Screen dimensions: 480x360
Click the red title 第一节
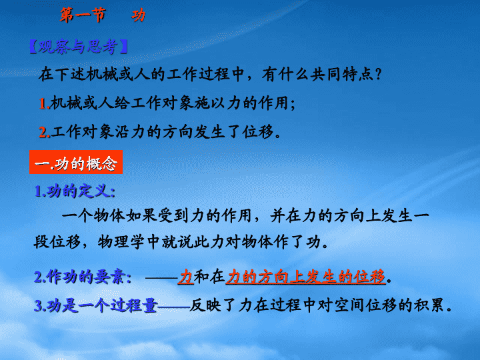point(83,15)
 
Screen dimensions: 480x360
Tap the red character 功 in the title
point(139,15)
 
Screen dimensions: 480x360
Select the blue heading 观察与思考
point(78,47)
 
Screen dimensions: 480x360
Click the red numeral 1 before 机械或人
point(43,103)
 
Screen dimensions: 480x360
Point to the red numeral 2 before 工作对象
point(43,133)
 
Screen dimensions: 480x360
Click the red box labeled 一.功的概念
point(76,162)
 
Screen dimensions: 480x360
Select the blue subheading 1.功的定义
point(75,191)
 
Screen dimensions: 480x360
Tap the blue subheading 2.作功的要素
point(83,277)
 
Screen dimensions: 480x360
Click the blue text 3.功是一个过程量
point(96,305)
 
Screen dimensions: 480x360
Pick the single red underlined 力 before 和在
point(186,277)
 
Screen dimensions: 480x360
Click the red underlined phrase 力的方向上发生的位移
point(305,277)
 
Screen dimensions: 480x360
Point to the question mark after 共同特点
point(379,75)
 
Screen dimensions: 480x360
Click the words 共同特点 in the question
point(342,75)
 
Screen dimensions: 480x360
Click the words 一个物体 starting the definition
point(94,215)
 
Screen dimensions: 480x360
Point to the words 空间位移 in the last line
point(365,305)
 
